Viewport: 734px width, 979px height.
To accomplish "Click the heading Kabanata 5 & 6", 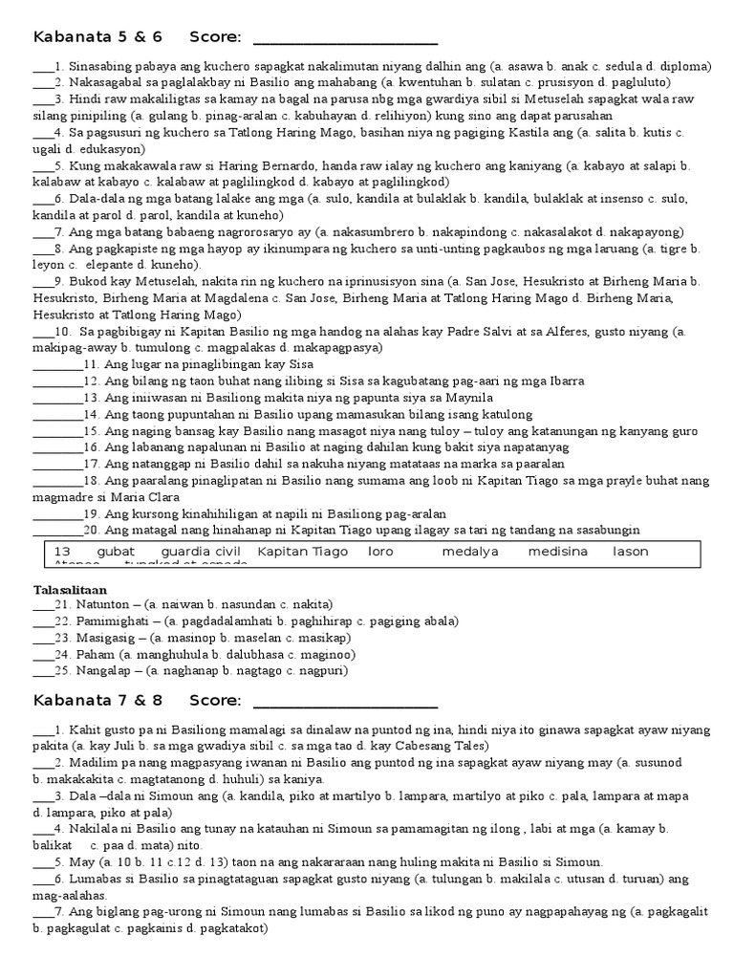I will coord(97,37).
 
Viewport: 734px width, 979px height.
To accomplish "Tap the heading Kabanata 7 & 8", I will coord(97,701).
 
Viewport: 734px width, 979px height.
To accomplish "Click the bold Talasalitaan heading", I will coord(72,590).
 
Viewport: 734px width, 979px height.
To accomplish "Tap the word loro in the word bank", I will coord(380,552).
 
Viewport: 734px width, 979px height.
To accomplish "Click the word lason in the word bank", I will coord(630,552).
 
